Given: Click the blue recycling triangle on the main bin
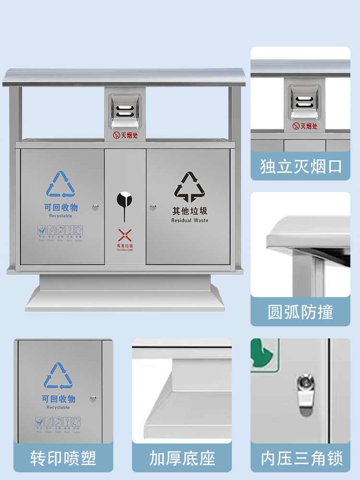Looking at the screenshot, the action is [x=61, y=185].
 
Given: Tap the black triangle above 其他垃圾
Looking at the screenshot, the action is [x=190, y=187].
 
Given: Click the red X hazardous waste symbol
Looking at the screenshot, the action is [x=125, y=235].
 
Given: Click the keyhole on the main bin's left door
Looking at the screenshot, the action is [x=97, y=207].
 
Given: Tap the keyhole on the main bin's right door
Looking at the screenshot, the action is [x=153, y=207].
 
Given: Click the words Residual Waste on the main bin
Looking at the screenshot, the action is [x=190, y=220].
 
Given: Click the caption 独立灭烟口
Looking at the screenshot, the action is [x=300, y=167].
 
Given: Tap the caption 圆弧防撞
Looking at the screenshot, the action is [x=300, y=312].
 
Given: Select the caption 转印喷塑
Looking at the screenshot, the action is [x=63, y=458].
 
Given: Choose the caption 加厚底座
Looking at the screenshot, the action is [x=182, y=458].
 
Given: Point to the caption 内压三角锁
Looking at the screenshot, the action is [x=301, y=458].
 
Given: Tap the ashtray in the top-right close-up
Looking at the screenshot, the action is [x=304, y=102].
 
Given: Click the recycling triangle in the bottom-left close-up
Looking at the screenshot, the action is [x=59, y=376].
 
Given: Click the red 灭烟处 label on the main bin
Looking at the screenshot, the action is [x=125, y=136].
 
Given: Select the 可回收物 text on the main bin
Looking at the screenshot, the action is [x=60, y=208].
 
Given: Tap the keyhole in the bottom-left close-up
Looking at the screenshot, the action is [x=93, y=399].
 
